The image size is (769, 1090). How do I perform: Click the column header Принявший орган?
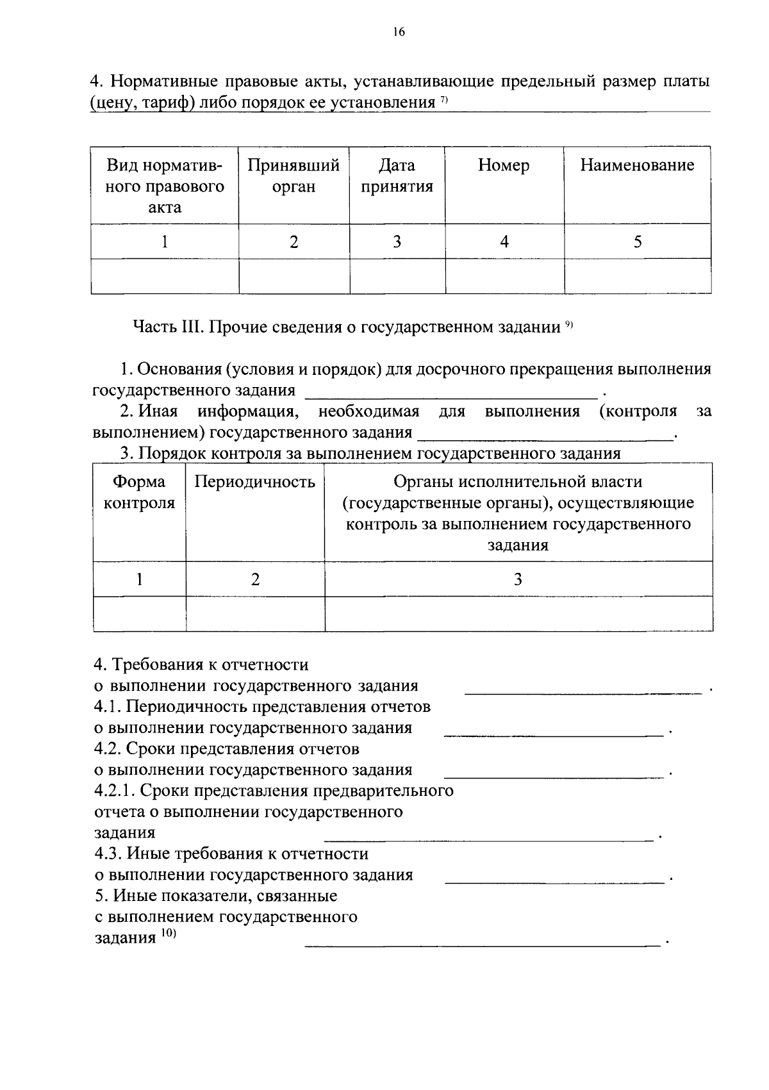click(x=294, y=176)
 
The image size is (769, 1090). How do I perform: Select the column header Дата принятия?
click(x=397, y=176)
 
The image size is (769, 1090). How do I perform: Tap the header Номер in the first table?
click(x=504, y=165)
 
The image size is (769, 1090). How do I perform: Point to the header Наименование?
click(x=637, y=165)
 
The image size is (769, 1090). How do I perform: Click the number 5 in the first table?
click(x=637, y=242)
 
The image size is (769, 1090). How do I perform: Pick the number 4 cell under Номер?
click(x=504, y=242)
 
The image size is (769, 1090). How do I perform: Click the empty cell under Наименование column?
click(x=637, y=276)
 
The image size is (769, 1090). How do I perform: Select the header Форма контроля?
click(x=139, y=492)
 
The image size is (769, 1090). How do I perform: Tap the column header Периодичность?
click(x=254, y=482)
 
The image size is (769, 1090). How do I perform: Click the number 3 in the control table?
click(x=518, y=579)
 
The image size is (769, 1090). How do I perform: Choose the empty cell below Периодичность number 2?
click(x=254, y=614)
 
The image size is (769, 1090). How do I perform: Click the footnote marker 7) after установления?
click(x=443, y=100)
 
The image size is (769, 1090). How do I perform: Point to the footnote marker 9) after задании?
click(x=568, y=326)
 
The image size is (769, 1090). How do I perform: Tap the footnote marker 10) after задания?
click(x=167, y=935)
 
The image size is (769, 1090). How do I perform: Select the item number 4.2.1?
click(x=113, y=791)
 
